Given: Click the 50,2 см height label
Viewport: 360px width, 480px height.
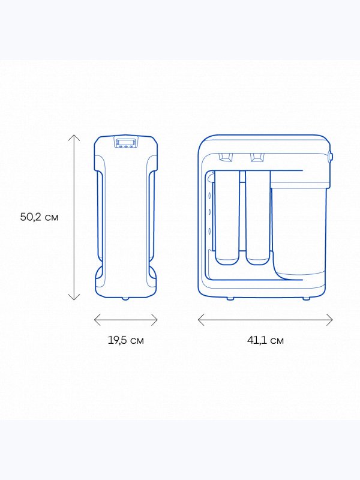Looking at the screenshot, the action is click(39, 217).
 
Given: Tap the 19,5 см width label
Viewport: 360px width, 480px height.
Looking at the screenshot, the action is click(126, 340).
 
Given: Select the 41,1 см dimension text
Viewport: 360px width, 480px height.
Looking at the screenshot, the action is click(265, 340).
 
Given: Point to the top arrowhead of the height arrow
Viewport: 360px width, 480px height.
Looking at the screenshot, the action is click(74, 136).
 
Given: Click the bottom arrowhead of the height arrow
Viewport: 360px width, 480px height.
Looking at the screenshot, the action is click(74, 299).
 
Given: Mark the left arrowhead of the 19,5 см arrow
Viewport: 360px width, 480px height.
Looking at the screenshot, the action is click(95, 320).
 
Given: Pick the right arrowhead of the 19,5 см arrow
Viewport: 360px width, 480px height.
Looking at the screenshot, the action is click(157, 320).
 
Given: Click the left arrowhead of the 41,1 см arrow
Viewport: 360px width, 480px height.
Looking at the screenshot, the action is click(199, 320).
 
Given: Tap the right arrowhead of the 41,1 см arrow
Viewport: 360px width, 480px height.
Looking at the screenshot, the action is click(331, 320).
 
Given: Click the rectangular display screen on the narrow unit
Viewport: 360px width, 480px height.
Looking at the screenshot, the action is click(126, 142).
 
